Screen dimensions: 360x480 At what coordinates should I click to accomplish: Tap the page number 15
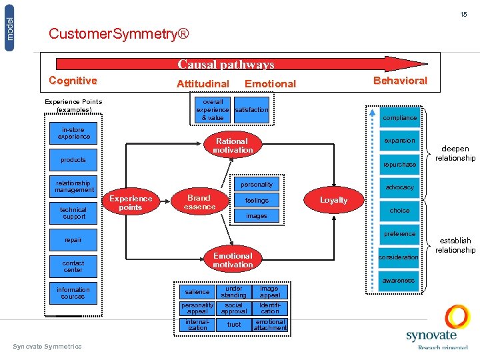463,14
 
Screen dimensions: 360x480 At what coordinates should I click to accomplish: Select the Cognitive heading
73,81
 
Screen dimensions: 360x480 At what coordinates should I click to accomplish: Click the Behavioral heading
400,80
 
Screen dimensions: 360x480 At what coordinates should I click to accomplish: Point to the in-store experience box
73,133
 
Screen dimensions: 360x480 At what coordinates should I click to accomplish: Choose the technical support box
73,213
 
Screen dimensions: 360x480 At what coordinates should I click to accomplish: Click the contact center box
73,266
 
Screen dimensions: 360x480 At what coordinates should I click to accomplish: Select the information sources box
73,293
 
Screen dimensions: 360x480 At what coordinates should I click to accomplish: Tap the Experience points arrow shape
131,203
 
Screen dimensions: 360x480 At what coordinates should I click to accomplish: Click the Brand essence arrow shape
199,202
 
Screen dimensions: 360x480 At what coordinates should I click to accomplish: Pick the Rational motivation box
232,145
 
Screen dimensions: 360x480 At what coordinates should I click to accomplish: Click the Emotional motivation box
232,260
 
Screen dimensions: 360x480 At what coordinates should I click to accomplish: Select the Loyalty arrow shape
333,200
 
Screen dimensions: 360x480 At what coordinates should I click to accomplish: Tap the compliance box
400,118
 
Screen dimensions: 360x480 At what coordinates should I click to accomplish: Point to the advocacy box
400,187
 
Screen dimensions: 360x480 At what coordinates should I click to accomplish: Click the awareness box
399,281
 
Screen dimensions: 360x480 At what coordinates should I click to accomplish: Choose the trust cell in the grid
234,325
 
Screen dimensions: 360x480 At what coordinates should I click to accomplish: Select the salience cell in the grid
197,291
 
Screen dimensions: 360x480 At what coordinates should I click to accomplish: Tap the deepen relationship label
455,153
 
